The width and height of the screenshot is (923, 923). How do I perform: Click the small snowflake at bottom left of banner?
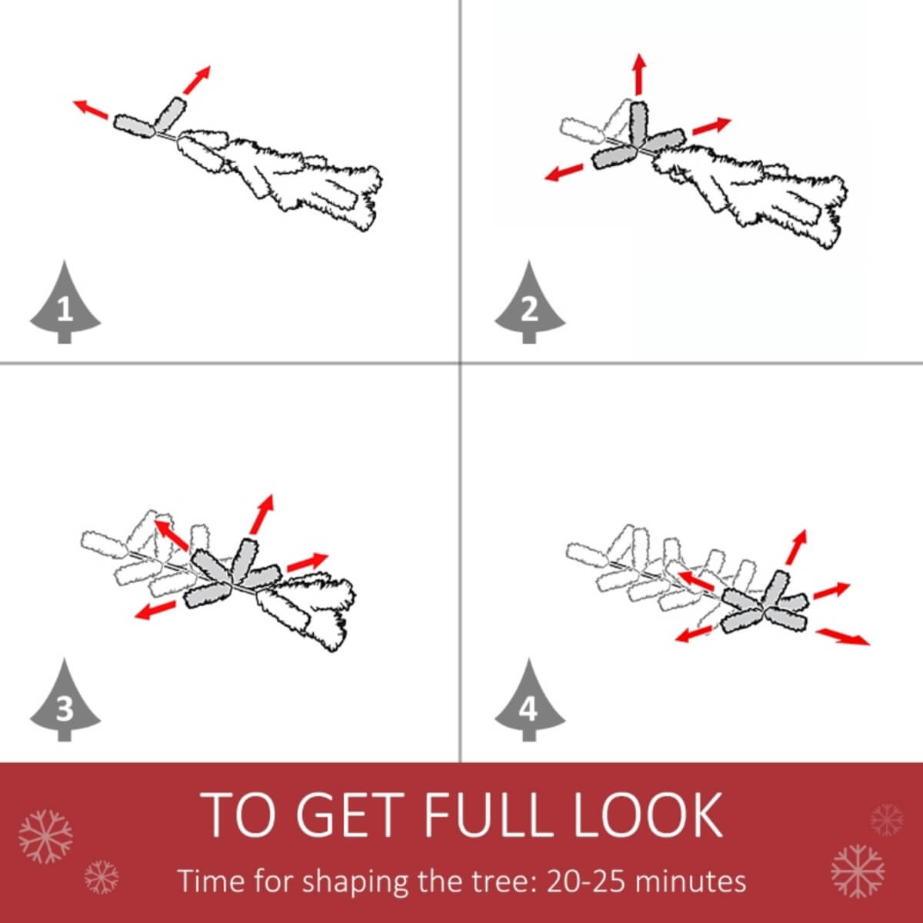(102, 877)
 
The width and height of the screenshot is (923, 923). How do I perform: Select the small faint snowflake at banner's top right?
(887, 820)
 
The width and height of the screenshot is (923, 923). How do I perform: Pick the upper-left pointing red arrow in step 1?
(91, 110)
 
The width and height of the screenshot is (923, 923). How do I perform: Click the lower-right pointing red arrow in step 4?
(842, 636)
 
